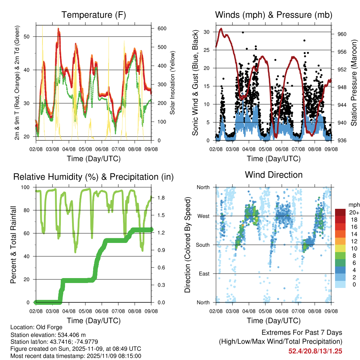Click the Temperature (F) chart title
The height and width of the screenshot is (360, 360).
(x=94, y=15)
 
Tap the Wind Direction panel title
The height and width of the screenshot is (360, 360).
(x=274, y=175)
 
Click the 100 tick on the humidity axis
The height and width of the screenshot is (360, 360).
(x=27, y=187)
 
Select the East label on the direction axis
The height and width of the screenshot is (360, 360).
(x=203, y=274)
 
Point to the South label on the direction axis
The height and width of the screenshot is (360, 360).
(x=202, y=245)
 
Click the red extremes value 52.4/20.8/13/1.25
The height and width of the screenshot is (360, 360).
(x=315, y=351)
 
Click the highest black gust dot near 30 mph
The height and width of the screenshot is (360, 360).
(x=243, y=32)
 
